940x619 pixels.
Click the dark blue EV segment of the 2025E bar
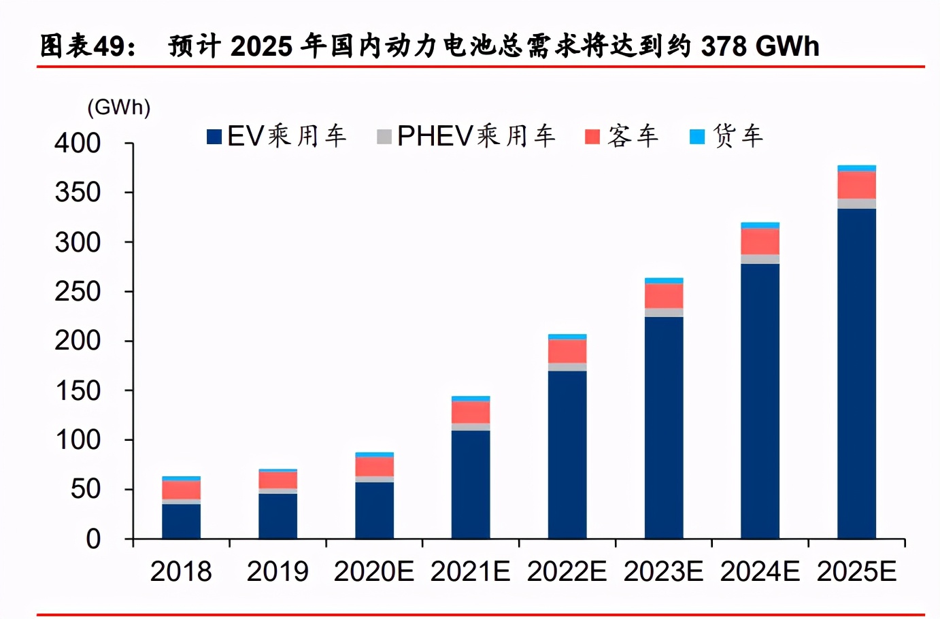pyautogui.click(x=856, y=373)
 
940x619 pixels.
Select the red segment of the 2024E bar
pyautogui.click(x=760, y=241)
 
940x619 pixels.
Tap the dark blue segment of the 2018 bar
pyautogui.click(x=181, y=521)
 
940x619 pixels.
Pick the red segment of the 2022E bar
pyautogui.click(x=567, y=351)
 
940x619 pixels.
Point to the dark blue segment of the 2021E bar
pyautogui.click(x=470, y=484)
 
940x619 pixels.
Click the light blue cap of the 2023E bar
pyautogui.click(x=663, y=280)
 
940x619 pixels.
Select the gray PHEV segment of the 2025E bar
pyautogui.click(x=856, y=203)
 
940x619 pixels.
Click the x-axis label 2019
pyautogui.click(x=277, y=571)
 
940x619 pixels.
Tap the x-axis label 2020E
pyautogui.click(x=373, y=571)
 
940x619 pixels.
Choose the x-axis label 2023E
pyautogui.click(x=663, y=571)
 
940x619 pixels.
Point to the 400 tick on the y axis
pyautogui.click(x=78, y=143)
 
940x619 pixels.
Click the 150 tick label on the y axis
pyautogui.click(x=78, y=390)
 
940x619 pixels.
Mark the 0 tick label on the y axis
pyautogui.click(x=93, y=539)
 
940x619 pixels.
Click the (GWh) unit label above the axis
pyautogui.click(x=118, y=107)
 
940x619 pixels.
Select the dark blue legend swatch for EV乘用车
pyautogui.click(x=214, y=137)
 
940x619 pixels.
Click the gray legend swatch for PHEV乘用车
pyautogui.click(x=384, y=137)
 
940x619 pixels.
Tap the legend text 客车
pyautogui.click(x=633, y=136)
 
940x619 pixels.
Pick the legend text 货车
pyautogui.click(x=738, y=136)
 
